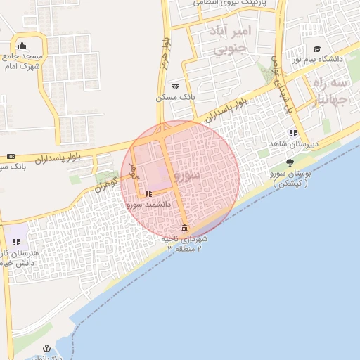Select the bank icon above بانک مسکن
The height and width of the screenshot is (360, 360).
point(174,86)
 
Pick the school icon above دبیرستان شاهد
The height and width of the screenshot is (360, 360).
point(292,133)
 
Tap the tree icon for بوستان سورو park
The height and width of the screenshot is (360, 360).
point(290,163)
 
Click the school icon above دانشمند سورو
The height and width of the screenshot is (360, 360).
point(148,193)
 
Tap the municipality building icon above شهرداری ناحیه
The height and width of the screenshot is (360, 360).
point(184,229)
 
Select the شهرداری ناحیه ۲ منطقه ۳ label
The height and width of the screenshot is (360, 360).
point(185,243)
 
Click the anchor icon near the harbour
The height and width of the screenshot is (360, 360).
point(46,349)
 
